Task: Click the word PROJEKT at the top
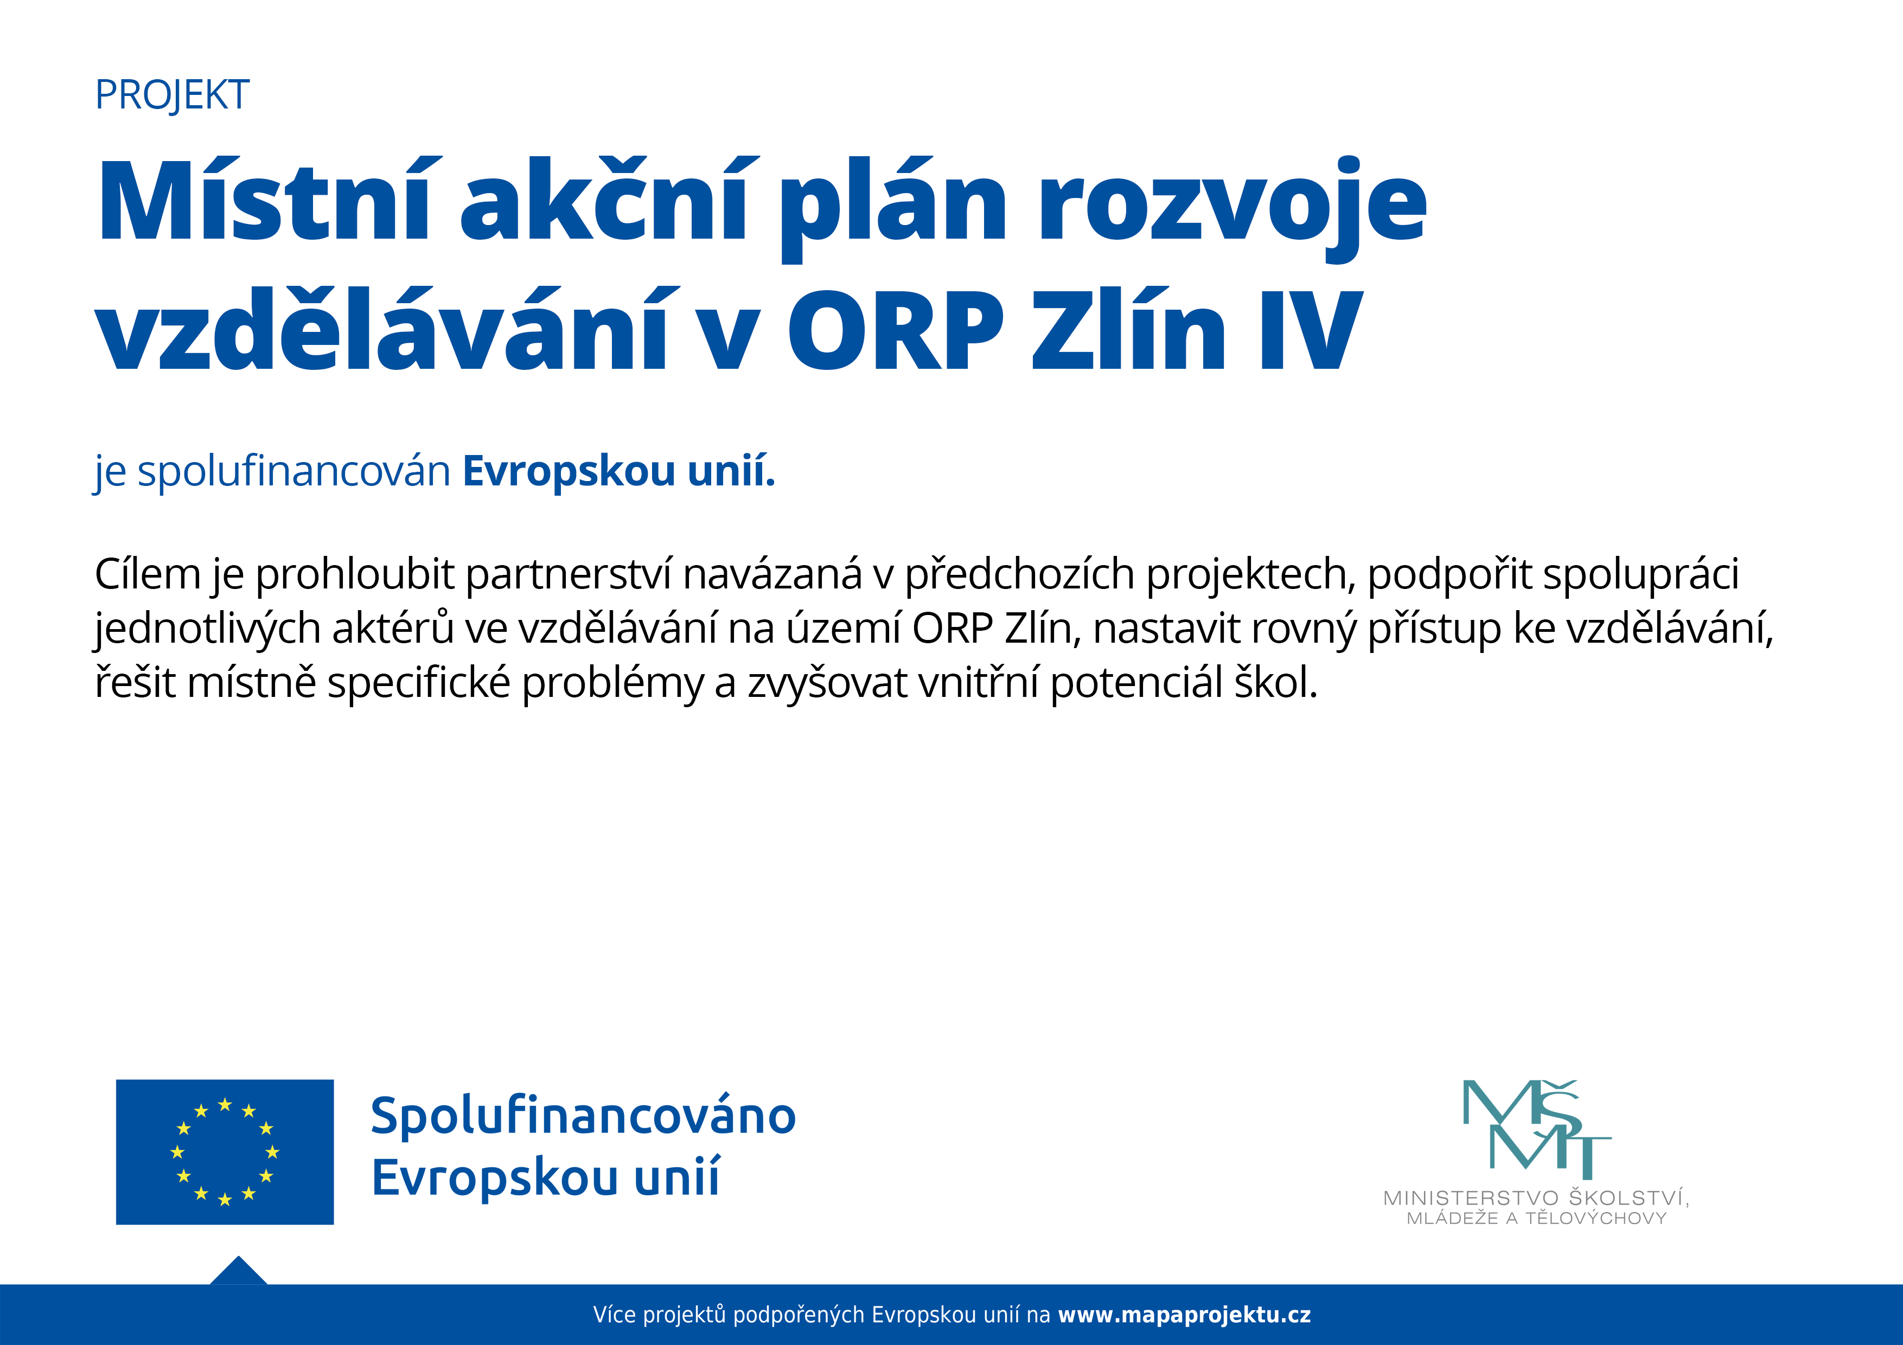pyautogui.click(x=173, y=95)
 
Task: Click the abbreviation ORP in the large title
pyautogui.click(x=895, y=330)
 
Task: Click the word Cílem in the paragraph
pyautogui.click(x=148, y=573)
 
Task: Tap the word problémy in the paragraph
pyautogui.click(x=612, y=684)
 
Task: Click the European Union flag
pyautogui.click(x=225, y=1152)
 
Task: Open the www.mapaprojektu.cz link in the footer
pyautogui.click(x=1184, y=1315)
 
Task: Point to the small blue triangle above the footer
pyautogui.click(x=239, y=1272)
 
